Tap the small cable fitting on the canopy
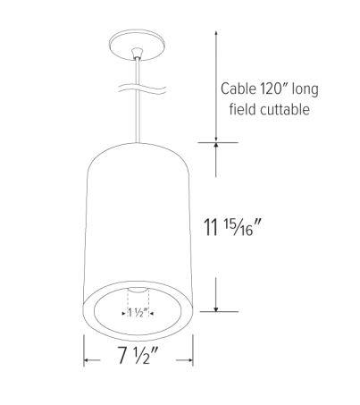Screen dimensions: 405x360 click(x=139, y=52)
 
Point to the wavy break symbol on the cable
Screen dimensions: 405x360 click(x=139, y=89)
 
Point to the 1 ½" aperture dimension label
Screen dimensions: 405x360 click(x=138, y=314)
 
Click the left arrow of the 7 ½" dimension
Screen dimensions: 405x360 click(x=87, y=361)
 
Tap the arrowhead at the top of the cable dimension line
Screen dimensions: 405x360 click(x=214, y=32)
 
